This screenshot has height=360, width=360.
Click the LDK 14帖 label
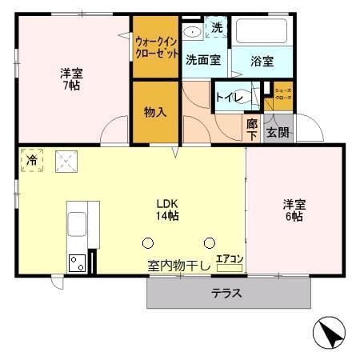click(x=167, y=209)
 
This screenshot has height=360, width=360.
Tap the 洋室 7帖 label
click(x=71, y=79)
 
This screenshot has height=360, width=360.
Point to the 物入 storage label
click(x=155, y=112)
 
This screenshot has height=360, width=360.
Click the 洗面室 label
click(x=203, y=60)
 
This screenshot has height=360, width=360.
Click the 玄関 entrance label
click(x=278, y=131)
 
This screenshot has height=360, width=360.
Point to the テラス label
click(x=226, y=293)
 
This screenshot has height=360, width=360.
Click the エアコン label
click(x=229, y=258)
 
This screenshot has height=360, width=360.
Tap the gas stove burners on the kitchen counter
click(x=78, y=262)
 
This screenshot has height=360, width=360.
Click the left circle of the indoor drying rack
click(x=147, y=242)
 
